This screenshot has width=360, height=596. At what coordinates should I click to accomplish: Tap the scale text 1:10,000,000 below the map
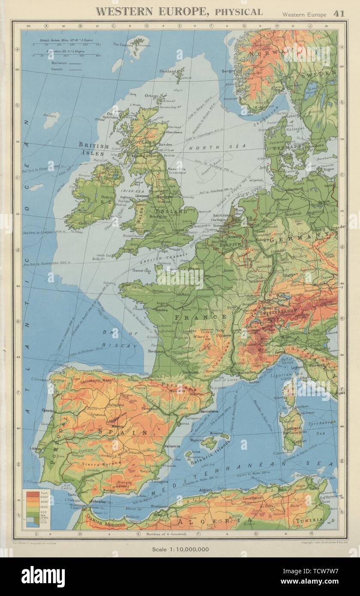(180, 549)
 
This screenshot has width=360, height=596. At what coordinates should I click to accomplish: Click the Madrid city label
(118, 427)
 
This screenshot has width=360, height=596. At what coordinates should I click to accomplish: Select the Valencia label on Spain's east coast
(172, 446)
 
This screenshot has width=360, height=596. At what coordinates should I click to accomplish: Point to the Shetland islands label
(167, 71)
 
